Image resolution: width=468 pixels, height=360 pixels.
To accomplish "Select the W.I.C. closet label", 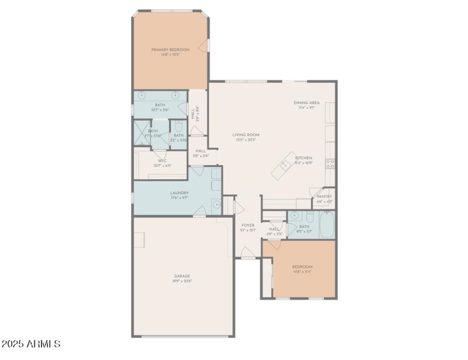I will (x=163, y=163).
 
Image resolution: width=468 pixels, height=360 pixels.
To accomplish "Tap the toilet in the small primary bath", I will (x=178, y=126).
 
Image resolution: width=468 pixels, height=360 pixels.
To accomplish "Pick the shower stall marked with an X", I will (x=142, y=132).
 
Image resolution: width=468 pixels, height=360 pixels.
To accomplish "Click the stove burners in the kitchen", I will (x=331, y=163).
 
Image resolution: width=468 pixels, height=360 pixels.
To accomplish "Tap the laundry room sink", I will (x=216, y=204).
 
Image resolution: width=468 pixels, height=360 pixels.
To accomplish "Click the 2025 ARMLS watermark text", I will (x=30, y=344).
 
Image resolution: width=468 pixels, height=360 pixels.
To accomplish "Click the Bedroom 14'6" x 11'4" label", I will (x=302, y=269).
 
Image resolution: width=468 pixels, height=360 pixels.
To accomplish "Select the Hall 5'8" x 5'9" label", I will (x=201, y=153).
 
